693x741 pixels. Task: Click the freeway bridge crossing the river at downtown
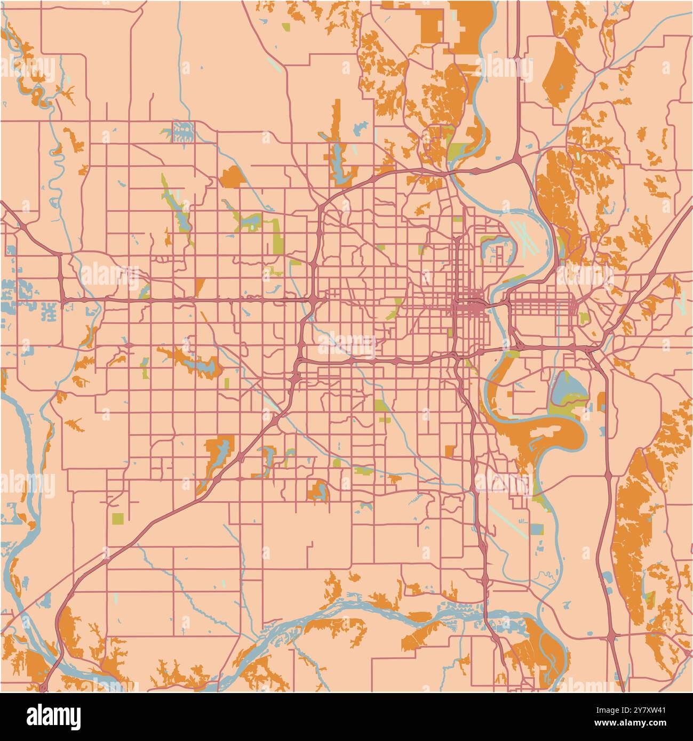pyautogui.click(x=497, y=305)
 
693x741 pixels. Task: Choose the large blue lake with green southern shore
pyautogui.click(x=567, y=394)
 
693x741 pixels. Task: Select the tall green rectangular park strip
pyautogui.click(x=276, y=237)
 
